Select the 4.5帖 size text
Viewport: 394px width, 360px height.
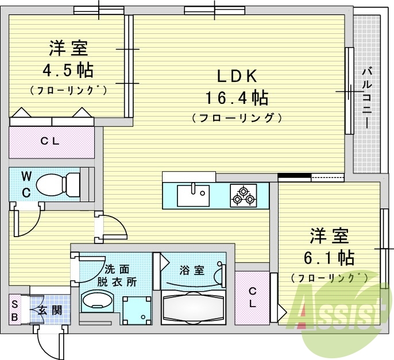pyautogui.click(x=68, y=71)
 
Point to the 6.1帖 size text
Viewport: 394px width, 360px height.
pyautogui.click(x=330, y=257)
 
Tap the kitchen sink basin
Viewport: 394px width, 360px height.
pyautogui.click(x=192, y=196)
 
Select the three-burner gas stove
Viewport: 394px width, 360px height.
pyautogui.click(x=244, y=196)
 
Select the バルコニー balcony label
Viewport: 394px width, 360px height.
pyautogui.click(x=366, y=98)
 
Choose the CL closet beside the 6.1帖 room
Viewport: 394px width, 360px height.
pyautogui.click(x=252, y=296)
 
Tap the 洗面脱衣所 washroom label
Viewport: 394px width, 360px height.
pyautogui.click(x=117, y=275)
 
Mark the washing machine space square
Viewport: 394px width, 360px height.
pyautogui.click(x=136, y=310)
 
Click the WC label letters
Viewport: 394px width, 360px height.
pyautogui.click(x=26, y=183)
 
